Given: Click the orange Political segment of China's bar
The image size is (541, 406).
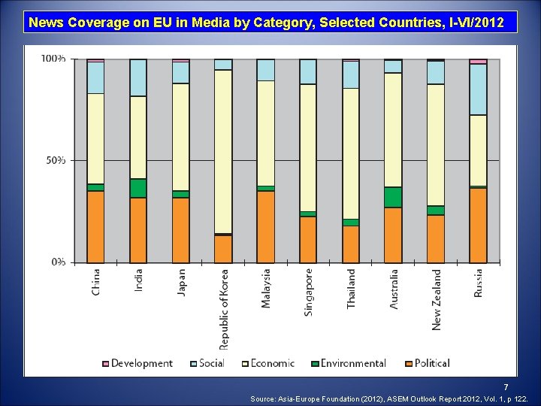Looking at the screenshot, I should click(95, 226).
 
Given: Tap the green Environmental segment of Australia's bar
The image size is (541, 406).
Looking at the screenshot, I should click(393, 197).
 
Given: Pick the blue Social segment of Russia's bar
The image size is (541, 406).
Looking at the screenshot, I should click(478, 89).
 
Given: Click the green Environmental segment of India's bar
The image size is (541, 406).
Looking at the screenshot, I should click(138, 188).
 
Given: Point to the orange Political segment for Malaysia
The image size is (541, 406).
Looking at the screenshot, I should click(266, 226).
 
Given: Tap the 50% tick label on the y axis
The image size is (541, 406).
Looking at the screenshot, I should click(54, 160).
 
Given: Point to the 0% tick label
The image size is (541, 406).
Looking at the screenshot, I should click(57, 262).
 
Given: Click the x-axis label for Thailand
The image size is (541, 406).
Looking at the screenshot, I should click(351, 288).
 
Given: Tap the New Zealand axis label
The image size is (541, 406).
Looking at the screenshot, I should click(437, 298).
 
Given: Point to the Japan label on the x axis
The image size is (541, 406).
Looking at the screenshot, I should click(181, 282).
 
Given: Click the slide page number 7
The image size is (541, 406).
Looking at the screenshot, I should click(506, 386).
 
